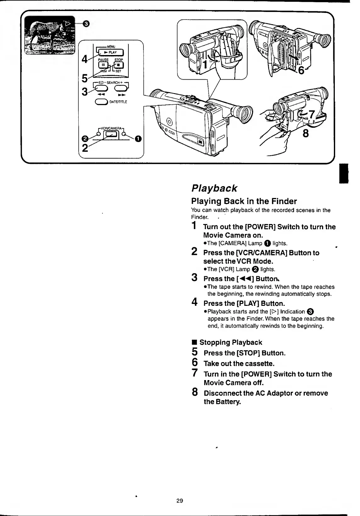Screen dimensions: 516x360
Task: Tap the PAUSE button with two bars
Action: (x=103, y=65)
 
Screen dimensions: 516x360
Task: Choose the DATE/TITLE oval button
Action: (x=100, y=102)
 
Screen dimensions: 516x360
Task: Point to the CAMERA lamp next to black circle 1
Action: (x=124, y=134)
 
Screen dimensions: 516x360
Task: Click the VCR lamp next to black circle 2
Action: (x=99, y=134)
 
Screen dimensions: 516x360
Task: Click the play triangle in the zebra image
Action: (x=68, y=23)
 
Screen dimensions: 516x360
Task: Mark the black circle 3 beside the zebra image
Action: (x=87, y=23)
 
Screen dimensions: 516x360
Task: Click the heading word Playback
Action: (x=214, y=188)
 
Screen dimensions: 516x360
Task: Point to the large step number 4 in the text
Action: (x=195, y=302)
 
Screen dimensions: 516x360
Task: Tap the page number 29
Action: (x=180, y=501)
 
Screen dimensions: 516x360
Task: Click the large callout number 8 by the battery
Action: (x=305, y=133)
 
